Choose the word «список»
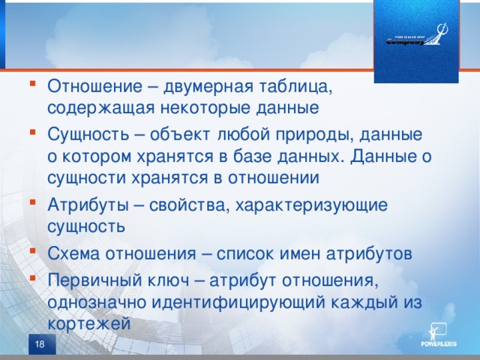point(247,253)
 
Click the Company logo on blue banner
point(415,37)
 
